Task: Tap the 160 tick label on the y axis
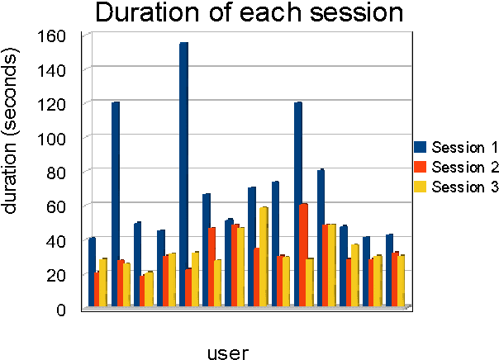click(52, 36)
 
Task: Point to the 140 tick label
click(52, 71)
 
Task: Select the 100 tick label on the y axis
click(52, 139)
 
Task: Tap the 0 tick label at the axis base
click(60, 310)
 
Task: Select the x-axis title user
click(227, 353)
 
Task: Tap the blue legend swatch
click(420, 148)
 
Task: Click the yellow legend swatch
click(420, 187)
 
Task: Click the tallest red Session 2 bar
click(303, 255)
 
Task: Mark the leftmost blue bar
click(92, 272)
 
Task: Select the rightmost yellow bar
click(402, 282)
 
